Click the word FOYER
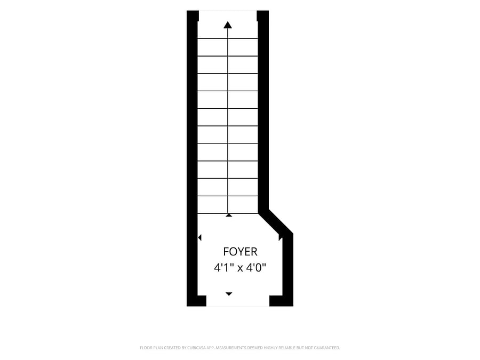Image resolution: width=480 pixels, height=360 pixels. tap(240, 252)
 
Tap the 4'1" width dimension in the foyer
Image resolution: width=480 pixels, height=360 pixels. tap(225, 268)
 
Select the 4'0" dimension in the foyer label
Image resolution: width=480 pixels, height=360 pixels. tap(256, 268)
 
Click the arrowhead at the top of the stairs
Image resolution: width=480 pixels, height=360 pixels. tap(227, 25)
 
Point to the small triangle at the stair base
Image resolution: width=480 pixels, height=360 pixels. tap(229, 215)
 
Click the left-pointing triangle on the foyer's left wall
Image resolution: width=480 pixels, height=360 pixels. tap(199, 237)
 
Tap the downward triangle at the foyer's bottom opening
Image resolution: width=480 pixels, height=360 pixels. tap(229, 294)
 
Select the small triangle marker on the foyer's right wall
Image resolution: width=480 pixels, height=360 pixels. tap(280, 237)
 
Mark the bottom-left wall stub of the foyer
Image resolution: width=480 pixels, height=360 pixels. tap(196, 301)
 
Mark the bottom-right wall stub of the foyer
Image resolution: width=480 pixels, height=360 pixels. tap(281, 301)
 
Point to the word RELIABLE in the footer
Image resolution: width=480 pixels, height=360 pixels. tap(287, 348)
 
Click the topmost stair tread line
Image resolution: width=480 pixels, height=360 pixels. tap(227, 38)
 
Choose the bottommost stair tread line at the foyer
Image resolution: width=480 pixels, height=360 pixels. tap(227, 213)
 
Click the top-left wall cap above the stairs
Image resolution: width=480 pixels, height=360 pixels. tap(193, 16)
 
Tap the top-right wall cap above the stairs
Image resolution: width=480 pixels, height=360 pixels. tap(262, 16)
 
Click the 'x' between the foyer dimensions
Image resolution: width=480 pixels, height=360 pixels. tap(241, 269)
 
